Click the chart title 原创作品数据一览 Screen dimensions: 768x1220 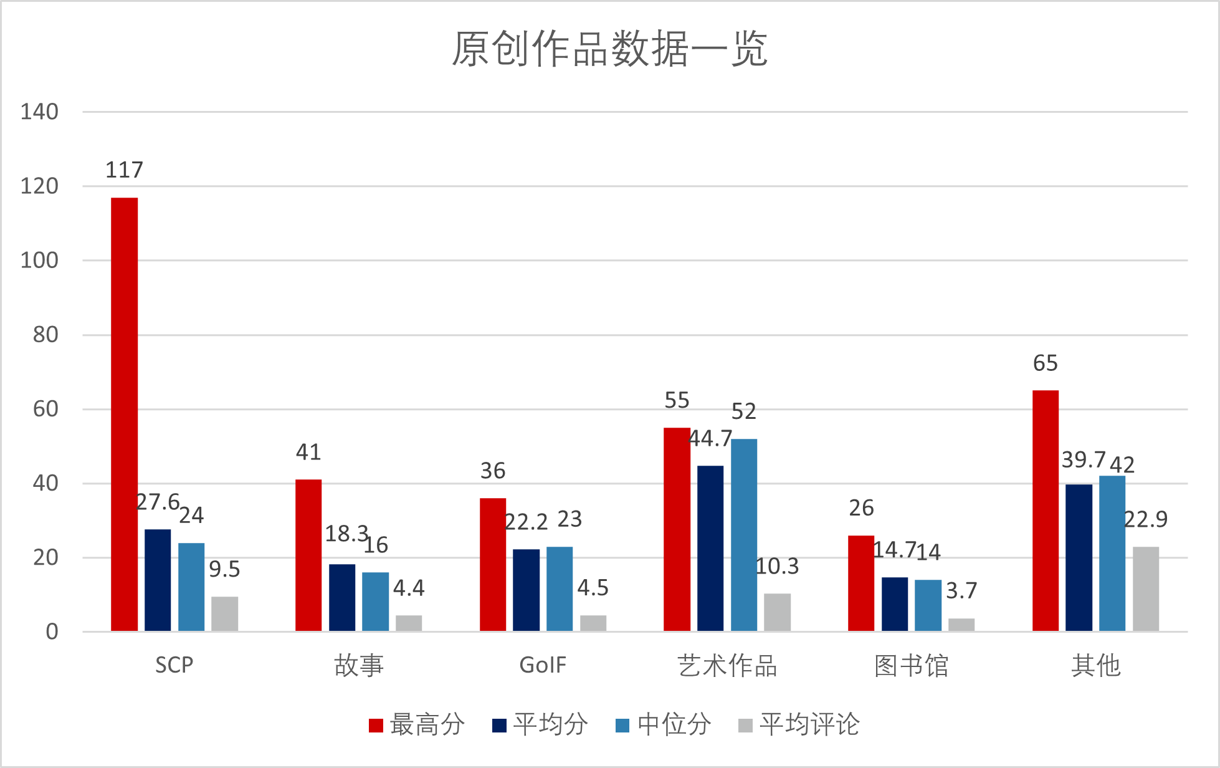click(609, 49)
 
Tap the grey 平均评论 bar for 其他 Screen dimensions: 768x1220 click(1145, 589)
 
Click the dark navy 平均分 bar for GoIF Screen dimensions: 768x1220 click(526, 590)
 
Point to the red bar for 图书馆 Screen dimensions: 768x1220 click(861, 583)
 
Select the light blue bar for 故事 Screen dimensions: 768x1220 click(375, 602)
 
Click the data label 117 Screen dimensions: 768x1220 click(124, 170)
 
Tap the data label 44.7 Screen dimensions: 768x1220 click(710, 439)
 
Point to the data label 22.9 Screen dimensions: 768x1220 click(1145, 519)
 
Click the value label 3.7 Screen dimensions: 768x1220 click(961, 590)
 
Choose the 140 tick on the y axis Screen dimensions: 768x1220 click(39, 112)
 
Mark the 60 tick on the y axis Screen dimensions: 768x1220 click(45, 409)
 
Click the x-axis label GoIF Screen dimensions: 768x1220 click(543, 665)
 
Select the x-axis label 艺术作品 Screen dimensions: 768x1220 click(727, 665)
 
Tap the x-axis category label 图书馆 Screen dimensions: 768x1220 click(911, 665)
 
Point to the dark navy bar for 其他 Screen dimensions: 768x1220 click(1079, 558)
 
